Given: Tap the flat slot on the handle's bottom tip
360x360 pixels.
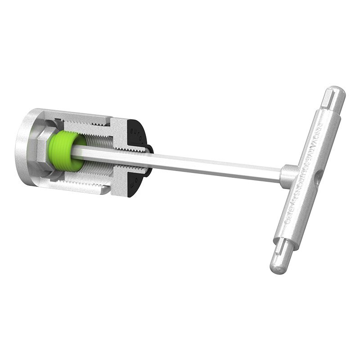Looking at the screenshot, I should [281, 252].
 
